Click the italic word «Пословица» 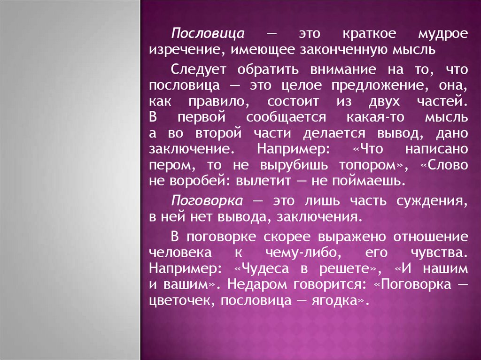pos(208,34)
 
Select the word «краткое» pos(369,34)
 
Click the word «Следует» pos(198,69)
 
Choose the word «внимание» pos(343,69)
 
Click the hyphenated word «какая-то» pos(375,117)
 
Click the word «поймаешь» pos(365,181)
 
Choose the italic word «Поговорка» pos(207,201)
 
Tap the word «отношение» pos(431,237)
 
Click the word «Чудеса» pos(265,269)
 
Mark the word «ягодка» pos(334,301)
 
